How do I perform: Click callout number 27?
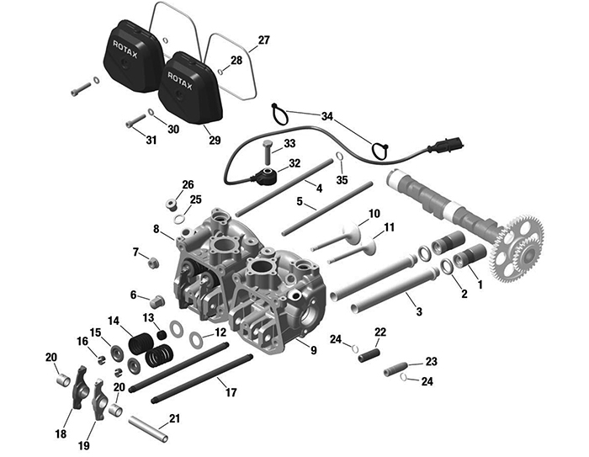pos(263,40)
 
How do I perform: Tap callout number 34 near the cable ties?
pos(327,115)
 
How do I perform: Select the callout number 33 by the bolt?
pos(289,144)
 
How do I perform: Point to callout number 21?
pos(174,418)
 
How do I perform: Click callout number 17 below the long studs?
pos(231,391)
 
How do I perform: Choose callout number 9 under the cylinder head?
pos(313,350)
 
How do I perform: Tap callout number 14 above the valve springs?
pos(114,321)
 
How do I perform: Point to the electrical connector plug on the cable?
pos(444,149)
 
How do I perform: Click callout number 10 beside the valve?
pos(374,214)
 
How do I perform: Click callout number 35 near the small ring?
pos(342,179)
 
